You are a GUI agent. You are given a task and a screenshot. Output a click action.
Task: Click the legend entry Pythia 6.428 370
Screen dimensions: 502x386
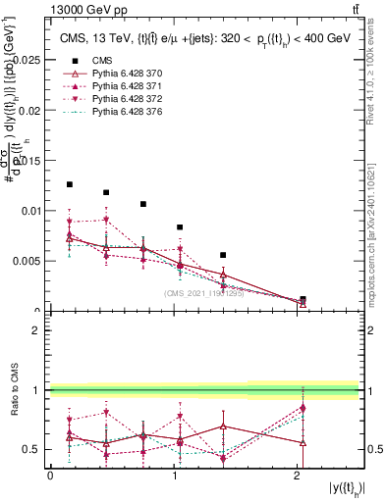[118, 75]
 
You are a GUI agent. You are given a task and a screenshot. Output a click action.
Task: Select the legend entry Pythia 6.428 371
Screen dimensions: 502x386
[118, 87]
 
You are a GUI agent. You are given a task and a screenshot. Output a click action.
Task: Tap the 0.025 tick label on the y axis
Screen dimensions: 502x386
[27, 60]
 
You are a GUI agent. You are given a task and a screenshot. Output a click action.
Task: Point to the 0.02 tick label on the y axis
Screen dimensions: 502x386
[29, 110]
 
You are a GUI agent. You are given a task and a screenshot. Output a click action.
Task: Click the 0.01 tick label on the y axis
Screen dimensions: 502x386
[29, 211]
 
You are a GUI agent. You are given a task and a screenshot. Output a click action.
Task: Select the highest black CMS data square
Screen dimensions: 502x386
[69, 184]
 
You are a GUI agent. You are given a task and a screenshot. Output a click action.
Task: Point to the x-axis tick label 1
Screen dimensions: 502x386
[174, 476]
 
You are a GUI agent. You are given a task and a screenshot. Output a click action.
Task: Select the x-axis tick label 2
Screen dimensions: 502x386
[298, 476]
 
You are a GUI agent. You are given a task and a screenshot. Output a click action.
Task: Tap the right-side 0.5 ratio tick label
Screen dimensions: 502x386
[374, 449]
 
